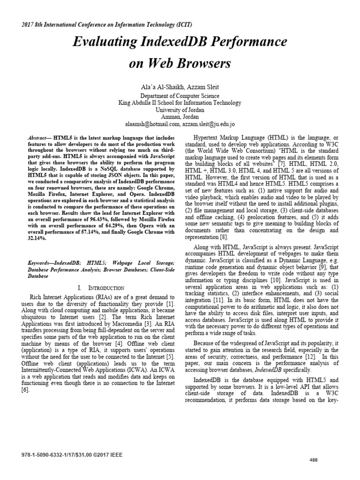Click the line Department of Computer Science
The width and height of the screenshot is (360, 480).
pyautogui.click(x=180, y=96)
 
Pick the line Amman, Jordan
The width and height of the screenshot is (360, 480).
pyautogui.click(x=180, y=116)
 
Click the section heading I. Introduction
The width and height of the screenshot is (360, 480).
pyautogui.click(x=102, y=287)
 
